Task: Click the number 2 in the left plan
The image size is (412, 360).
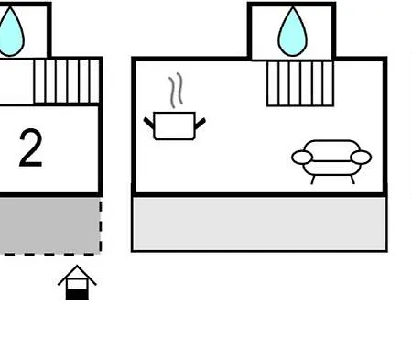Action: click(30, 148)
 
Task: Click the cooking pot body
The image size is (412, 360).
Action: click(175, 126)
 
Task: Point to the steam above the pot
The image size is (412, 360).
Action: click(176, 91)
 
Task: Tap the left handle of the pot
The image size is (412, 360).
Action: click(149, 123)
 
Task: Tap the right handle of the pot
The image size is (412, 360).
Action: click(201, 123)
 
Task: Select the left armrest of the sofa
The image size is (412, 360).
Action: click(302, 158)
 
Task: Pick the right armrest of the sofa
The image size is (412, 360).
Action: click(361, 158)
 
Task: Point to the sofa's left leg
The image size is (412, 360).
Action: click(312, 180)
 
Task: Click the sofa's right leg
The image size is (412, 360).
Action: click(352, 180)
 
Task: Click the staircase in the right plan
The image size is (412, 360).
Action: click(300, 83)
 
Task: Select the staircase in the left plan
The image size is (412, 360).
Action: click(67, 82)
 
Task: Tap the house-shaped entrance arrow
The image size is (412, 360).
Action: click(77, 282)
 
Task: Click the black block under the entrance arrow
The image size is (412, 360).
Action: click(77, 295)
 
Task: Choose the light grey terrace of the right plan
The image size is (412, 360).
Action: click(259, 224)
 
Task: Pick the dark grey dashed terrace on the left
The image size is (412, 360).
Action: click(50, 225)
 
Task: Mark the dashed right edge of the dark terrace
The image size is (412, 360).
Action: click(101, 226)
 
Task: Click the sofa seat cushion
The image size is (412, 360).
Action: click(332, 168)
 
